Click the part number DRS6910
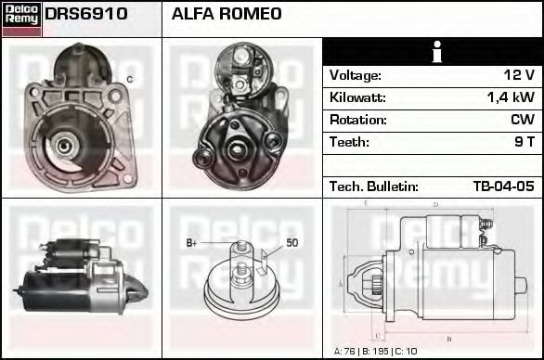click(86, 15)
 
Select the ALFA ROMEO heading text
click(227, 15)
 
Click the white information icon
click(434, 52)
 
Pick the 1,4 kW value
click(510, 97)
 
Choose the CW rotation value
click(522, 120)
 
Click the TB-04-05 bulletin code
click(503, 186)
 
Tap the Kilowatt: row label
click(359, 97)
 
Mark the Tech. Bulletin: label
click(373, 186)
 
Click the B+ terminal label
click(192, 243)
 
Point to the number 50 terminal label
click(291, 243)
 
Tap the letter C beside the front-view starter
click(129, 79)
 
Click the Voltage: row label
click(355, 75)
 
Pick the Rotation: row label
click(358, 120)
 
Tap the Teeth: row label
click(349, 142)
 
